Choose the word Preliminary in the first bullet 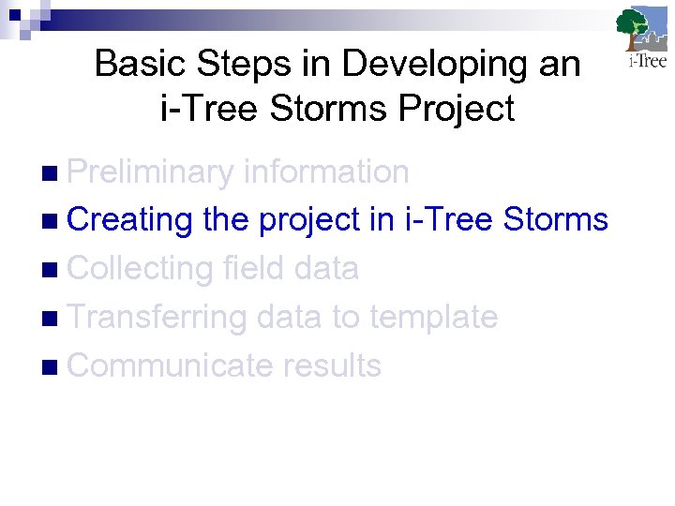point(150,171)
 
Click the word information point(325,171)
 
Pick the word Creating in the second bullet point(130,220)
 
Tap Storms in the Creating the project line point(555,220)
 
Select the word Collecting point(141,269)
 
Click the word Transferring point(157,318)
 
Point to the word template point(433,318)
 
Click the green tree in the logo point(634,26)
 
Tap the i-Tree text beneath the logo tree point(647,62)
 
